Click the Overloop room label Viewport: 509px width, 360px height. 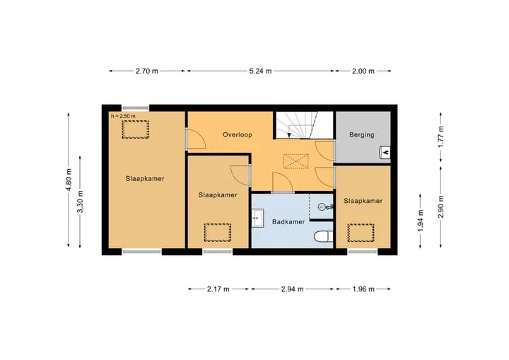(x=238, y=134)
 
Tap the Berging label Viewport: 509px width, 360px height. (x=362, y=134)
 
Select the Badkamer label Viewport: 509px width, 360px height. (x=288, y=222)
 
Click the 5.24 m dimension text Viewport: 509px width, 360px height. (x=260, y=71)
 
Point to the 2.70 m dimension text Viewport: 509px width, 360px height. (x=147, y=71)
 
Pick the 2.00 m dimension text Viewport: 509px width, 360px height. (x=363, y=71)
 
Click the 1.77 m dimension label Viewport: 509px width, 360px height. (x=441, y=137)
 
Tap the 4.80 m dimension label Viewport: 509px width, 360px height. (x=69, y=180)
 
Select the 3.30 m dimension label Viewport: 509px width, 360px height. (x=81, y=202)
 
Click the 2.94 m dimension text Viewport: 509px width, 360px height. (x=292, y=289)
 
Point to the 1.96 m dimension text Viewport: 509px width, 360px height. (x=363, y=289)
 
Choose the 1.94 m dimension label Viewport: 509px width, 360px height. (x=421, y=221)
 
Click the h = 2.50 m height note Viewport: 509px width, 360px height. (x=123, y=116)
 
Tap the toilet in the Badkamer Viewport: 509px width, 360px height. (x=323, y=236)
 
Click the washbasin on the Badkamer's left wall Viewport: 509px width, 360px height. (x=258, y=217)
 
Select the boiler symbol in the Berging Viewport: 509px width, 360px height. (x=385, y=152)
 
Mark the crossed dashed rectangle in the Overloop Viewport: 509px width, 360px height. (x=296, y=161)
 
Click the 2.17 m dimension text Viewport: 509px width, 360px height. (x=218, y=289)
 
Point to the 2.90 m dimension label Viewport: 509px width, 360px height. (x=441, y=207)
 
